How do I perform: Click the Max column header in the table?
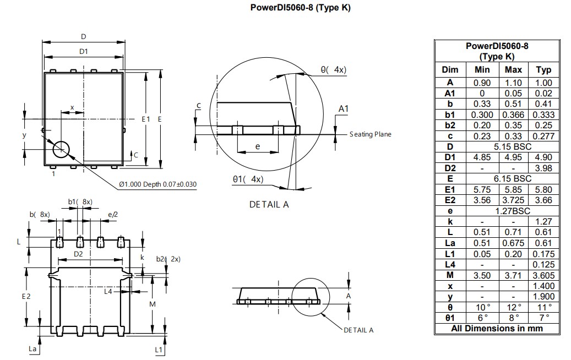coord(513,70)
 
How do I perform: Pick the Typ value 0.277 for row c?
coord(543,136)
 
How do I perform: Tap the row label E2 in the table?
coord(450,200)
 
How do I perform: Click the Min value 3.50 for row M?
coord(482,275)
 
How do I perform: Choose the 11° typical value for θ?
coord(543,307)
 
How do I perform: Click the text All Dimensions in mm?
coord(497,329)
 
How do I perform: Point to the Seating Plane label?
coord(370,135)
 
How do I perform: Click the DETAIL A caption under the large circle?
coord(269,204)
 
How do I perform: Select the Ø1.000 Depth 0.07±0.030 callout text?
coord(158,184)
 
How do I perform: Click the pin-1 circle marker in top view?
coord(61,149)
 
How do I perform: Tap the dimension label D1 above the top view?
coord(84,51)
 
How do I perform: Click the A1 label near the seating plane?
coord(343,109)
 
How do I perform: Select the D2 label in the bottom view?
coord(79,254)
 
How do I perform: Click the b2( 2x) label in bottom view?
coord(168,259)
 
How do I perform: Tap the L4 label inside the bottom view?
coord(108,291)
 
